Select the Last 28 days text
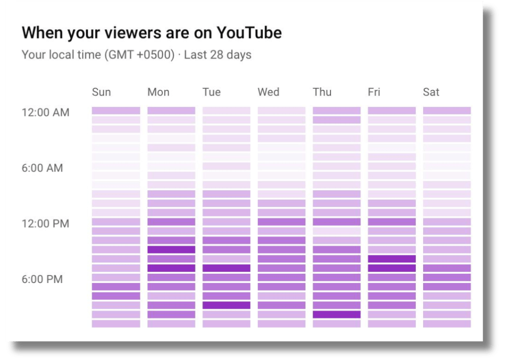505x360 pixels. [x=217, y=55]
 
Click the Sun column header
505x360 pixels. [x=102, y=92]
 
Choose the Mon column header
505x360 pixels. [x=158, y=92]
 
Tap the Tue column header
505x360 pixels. [x=212, y=92]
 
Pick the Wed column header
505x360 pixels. [x=268, y=92]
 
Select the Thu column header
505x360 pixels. [x=322, y=92]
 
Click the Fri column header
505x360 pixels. [x=374, y=92]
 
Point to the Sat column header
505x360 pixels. [x=431, y=92]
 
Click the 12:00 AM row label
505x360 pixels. [x=45, y=112]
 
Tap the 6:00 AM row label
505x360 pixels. [x=42, y=168]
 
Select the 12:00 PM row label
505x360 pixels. [x=45, y=224]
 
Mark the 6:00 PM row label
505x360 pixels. [x=42, y=280]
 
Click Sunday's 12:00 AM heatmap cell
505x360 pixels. [x=116, y=111]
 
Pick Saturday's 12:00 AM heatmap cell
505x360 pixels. [x=447, y=111]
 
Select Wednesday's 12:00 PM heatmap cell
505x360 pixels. [x=282, y=222]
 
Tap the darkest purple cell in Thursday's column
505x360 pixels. [x=336, y=315]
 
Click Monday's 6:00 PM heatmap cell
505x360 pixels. [x=171, y=278]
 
